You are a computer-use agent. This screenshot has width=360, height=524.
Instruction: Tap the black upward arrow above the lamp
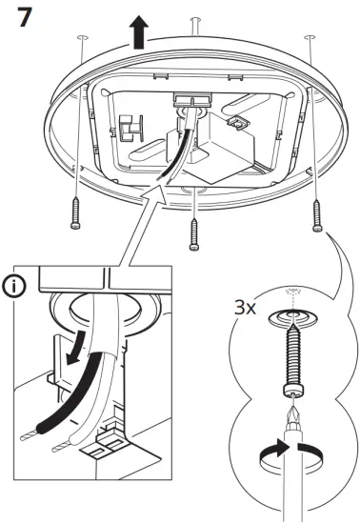[140, 33]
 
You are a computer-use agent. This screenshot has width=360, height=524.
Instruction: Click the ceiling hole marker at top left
[81, 37]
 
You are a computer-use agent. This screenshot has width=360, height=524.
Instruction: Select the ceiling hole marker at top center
[195, 20]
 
